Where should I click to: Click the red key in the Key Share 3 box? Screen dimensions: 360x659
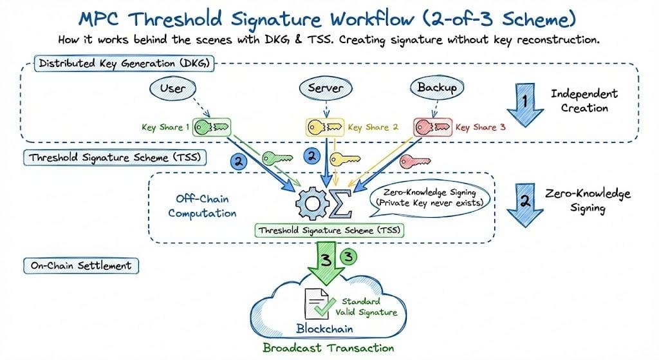tap(432, 126)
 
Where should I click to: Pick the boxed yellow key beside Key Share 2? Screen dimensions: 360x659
tap(323, 127)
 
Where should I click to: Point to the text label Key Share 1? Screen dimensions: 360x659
tap(165, 128)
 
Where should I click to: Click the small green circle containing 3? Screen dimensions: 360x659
tap(349, 256)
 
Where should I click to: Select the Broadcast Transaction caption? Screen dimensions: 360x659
tap(328, 348)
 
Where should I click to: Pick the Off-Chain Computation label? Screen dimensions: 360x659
tap(202, 205)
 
